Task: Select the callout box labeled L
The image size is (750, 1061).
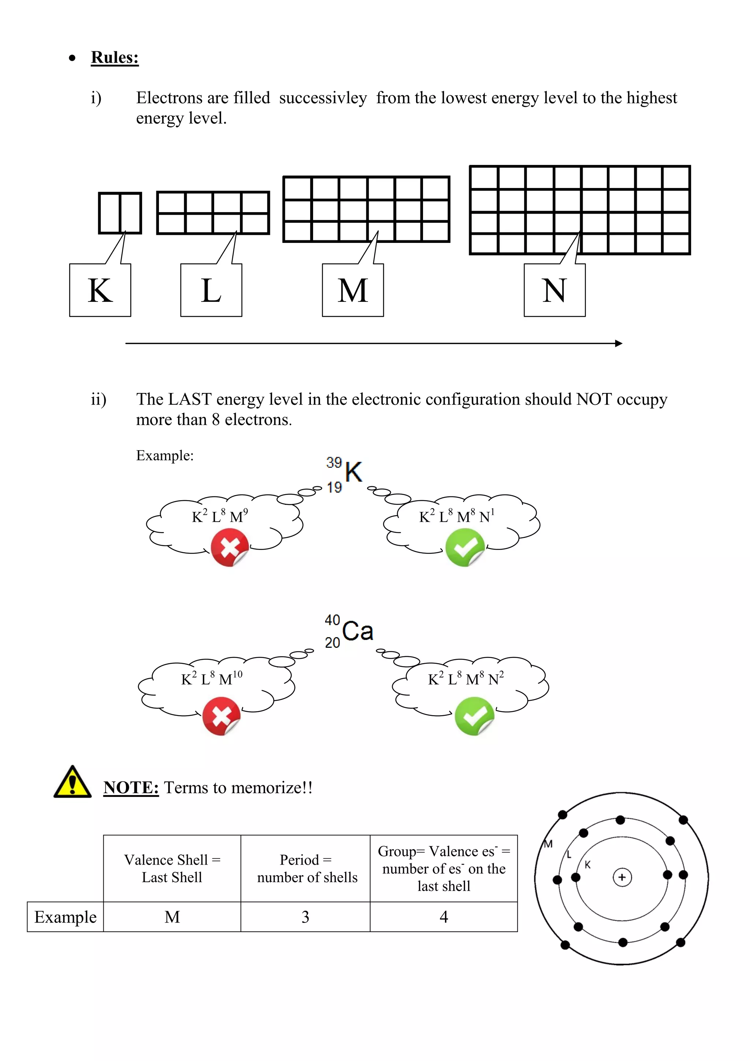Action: point(211,290)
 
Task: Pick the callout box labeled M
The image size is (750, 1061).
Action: point(353,290)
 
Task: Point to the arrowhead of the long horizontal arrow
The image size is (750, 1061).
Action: point(619,343)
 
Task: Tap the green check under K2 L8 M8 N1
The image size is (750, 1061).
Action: point(465,548)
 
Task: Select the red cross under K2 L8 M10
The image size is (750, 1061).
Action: point(221,716)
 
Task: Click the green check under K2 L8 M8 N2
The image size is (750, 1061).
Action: point(474,716)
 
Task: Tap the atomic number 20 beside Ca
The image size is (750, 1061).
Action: point(333,642)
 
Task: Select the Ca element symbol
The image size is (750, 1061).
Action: point(357,631)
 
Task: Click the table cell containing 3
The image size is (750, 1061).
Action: point(305,917)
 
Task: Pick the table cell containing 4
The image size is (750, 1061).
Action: point(443,917)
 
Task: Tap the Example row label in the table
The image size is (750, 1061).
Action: point(65,917)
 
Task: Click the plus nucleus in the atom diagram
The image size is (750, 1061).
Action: point(621,877)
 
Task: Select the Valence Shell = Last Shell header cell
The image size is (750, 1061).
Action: point(172,868)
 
